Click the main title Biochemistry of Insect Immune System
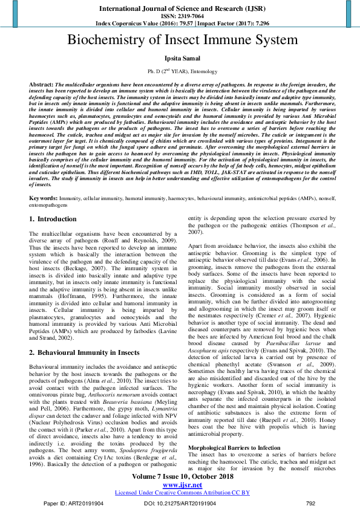180,41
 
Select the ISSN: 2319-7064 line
180,16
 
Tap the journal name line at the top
180,8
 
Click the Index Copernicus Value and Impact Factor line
180,22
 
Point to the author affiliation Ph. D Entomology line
180,72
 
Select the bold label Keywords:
44,198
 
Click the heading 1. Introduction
53,219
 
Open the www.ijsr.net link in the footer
180,485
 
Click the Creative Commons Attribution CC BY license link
180,493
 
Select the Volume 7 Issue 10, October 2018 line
180,477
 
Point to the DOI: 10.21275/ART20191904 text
180,502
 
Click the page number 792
311,502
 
